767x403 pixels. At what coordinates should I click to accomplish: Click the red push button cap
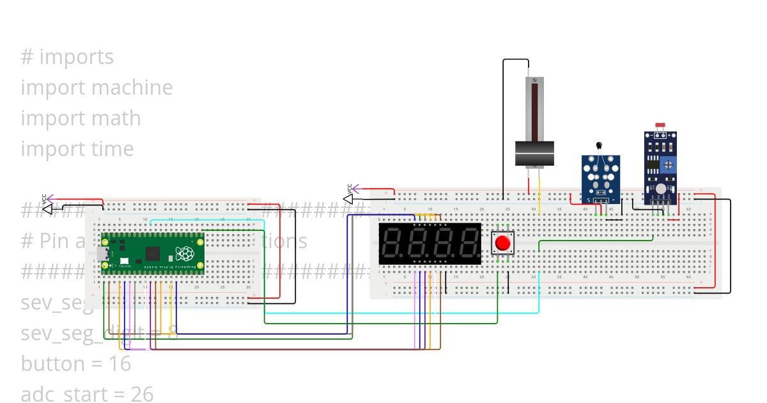click(x=503, y=243)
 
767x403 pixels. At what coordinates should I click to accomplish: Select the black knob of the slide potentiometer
click(x=534, y=154)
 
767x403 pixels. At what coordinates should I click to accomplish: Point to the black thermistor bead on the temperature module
click(x=600, y=146)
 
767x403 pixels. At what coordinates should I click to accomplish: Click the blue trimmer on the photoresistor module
click(x=668, y=164)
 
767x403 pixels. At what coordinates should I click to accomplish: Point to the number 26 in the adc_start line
click(x=142, y=394)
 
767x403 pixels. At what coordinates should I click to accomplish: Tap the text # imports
click(x=67, y=57)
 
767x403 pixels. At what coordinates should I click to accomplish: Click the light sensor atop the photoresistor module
click(x=660, y=128)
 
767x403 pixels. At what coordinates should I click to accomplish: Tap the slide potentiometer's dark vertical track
click(x=534, y=109)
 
